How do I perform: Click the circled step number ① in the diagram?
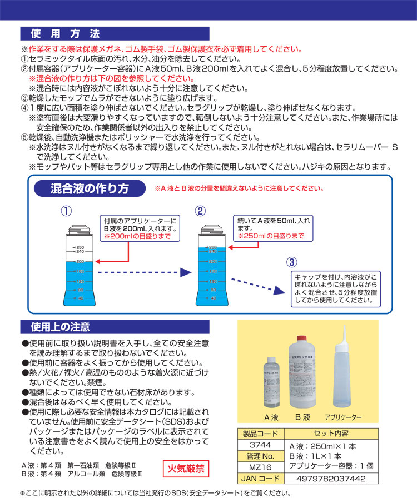(66, 211)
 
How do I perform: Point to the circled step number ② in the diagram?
(200, 211)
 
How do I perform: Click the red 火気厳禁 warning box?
(185, 469)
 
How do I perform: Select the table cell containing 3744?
(261, 445)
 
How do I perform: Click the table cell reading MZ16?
(261, 467)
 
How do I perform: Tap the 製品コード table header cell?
(261, 433)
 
